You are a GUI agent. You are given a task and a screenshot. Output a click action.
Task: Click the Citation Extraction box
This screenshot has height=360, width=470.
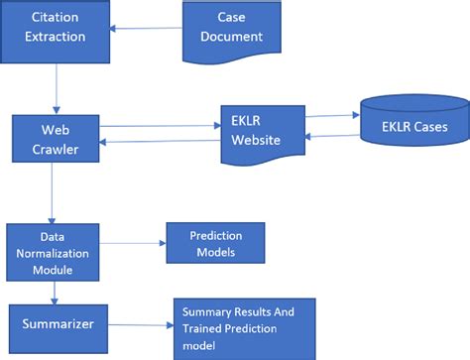[x=57, y=28]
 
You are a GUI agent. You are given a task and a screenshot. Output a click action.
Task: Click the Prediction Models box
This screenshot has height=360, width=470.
[x=215, y=244]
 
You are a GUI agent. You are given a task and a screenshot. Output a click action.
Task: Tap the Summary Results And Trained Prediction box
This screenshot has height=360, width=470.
[x=244, y=326]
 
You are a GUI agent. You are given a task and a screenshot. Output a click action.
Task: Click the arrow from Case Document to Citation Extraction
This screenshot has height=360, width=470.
[x=147, y=29]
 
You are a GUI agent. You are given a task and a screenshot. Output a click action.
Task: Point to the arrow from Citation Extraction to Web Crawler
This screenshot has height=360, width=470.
[x=57, y=84]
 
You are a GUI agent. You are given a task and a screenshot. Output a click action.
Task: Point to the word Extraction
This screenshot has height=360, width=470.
[x=57, y=37]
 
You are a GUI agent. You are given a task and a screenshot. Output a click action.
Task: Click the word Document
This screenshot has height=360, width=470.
[x=230, y=37]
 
